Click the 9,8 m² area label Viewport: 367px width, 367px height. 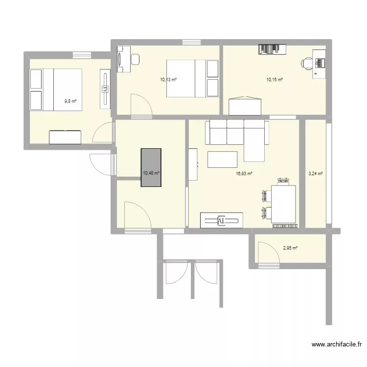70,102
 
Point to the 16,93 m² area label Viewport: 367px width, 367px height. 244,173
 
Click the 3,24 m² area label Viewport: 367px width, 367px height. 315,173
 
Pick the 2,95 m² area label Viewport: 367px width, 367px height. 290,248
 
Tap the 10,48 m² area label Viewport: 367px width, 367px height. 152,173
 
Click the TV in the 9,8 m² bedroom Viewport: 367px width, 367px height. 105,89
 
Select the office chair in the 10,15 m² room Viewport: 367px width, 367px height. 307,63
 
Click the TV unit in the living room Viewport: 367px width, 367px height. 222,220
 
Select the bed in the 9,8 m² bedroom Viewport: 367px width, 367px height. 56,90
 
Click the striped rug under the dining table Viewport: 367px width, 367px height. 284,226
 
